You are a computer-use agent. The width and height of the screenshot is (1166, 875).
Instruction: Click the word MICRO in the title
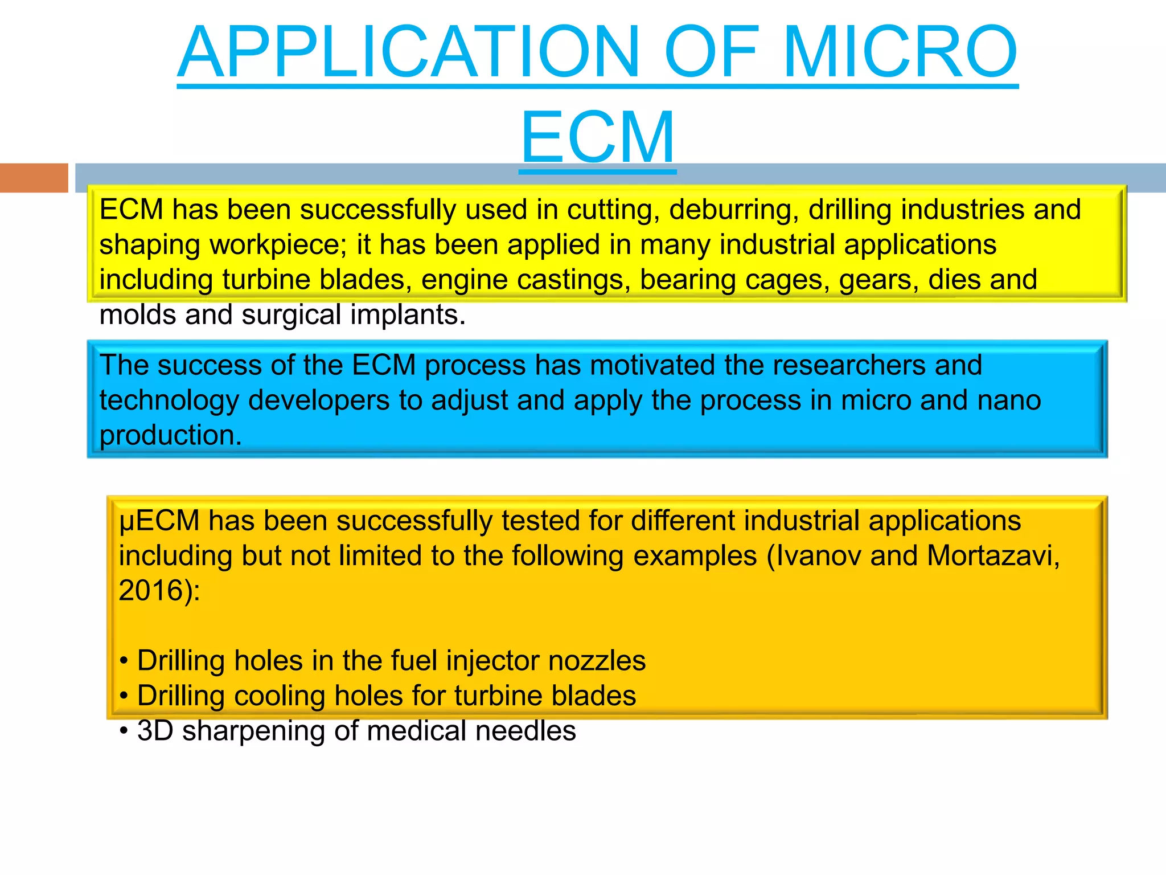[x=900, y=52]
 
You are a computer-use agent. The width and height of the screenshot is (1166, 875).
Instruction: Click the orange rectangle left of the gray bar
[x=34, y=178]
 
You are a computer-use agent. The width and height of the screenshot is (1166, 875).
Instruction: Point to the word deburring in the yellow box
[x=734, y=210]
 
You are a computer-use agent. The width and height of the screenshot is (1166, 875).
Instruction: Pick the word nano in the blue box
[x=1009, y=400]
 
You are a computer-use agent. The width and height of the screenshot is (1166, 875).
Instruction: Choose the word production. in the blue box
[x=171, y=436]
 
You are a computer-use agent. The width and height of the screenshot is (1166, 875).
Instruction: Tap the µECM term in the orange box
[x=159, y=521]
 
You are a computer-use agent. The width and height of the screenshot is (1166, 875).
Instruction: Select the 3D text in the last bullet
[x=155, y=731]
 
